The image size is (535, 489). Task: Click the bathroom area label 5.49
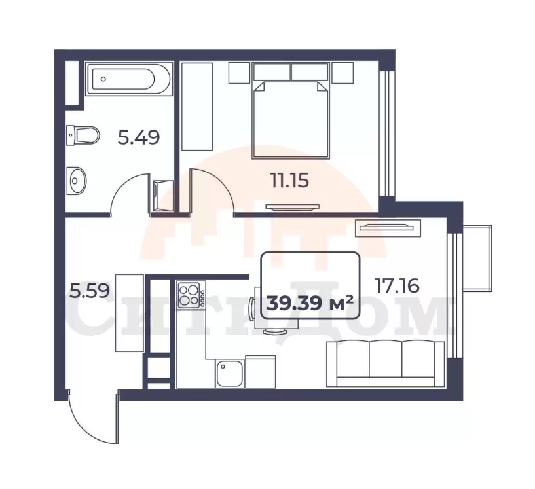pos(139,137)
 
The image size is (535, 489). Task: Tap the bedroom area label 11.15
pos(289,181)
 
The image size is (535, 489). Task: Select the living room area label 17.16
pos(397,285)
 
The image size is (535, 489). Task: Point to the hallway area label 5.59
pos(90,291)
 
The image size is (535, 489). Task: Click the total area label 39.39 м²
pos(310,303)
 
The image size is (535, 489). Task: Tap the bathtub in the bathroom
pos(128,79)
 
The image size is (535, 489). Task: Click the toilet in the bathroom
pos(83,135)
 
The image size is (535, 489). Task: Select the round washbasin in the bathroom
pos(76,181)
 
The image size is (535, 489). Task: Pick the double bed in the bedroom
pos(291,120)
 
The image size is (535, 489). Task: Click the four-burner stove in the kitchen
pos(191,295)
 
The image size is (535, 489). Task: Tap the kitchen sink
pos(229,374)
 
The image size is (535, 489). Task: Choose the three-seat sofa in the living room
pos(386,364)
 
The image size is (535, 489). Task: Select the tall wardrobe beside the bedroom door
pos(197,107)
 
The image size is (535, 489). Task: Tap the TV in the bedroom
pos(293,207)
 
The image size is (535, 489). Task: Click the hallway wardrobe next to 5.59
pos(129,313)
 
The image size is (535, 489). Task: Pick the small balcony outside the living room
pos(477,258)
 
